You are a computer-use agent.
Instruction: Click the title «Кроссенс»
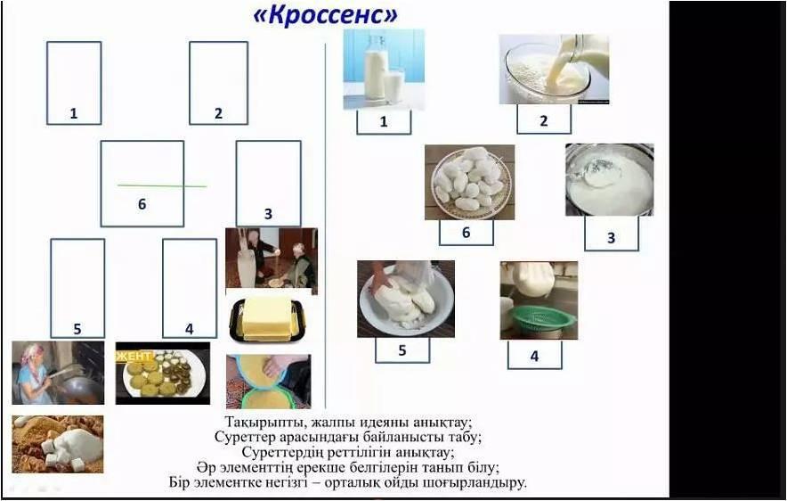point(326,15)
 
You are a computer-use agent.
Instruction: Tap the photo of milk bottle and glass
point(384,70)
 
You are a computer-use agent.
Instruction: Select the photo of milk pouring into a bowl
point(554,70)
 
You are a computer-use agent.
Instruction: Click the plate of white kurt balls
point(470,183)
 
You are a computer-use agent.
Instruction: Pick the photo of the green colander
point(539,300)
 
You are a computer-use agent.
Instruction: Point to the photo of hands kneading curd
point(406,299)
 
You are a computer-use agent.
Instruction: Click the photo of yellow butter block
point(267,318)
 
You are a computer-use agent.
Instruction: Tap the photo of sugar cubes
point(58,444)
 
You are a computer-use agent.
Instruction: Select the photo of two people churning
point(272,261)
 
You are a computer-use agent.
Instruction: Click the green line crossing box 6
point(162,186)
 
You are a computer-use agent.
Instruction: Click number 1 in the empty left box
point(74,113)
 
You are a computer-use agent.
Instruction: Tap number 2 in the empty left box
point(218,113)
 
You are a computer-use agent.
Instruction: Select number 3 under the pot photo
point(612,238)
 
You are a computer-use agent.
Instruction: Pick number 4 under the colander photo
point(534,357)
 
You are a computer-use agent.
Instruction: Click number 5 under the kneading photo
point(402,350)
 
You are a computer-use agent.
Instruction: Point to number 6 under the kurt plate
point(467,233)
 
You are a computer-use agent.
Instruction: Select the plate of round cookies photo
point(163,374)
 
